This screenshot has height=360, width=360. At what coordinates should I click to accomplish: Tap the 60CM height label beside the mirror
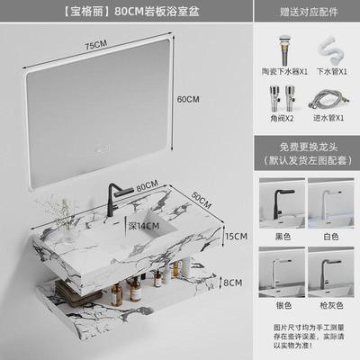[187, 98]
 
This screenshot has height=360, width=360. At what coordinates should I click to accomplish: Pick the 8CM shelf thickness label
[232, 282]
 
